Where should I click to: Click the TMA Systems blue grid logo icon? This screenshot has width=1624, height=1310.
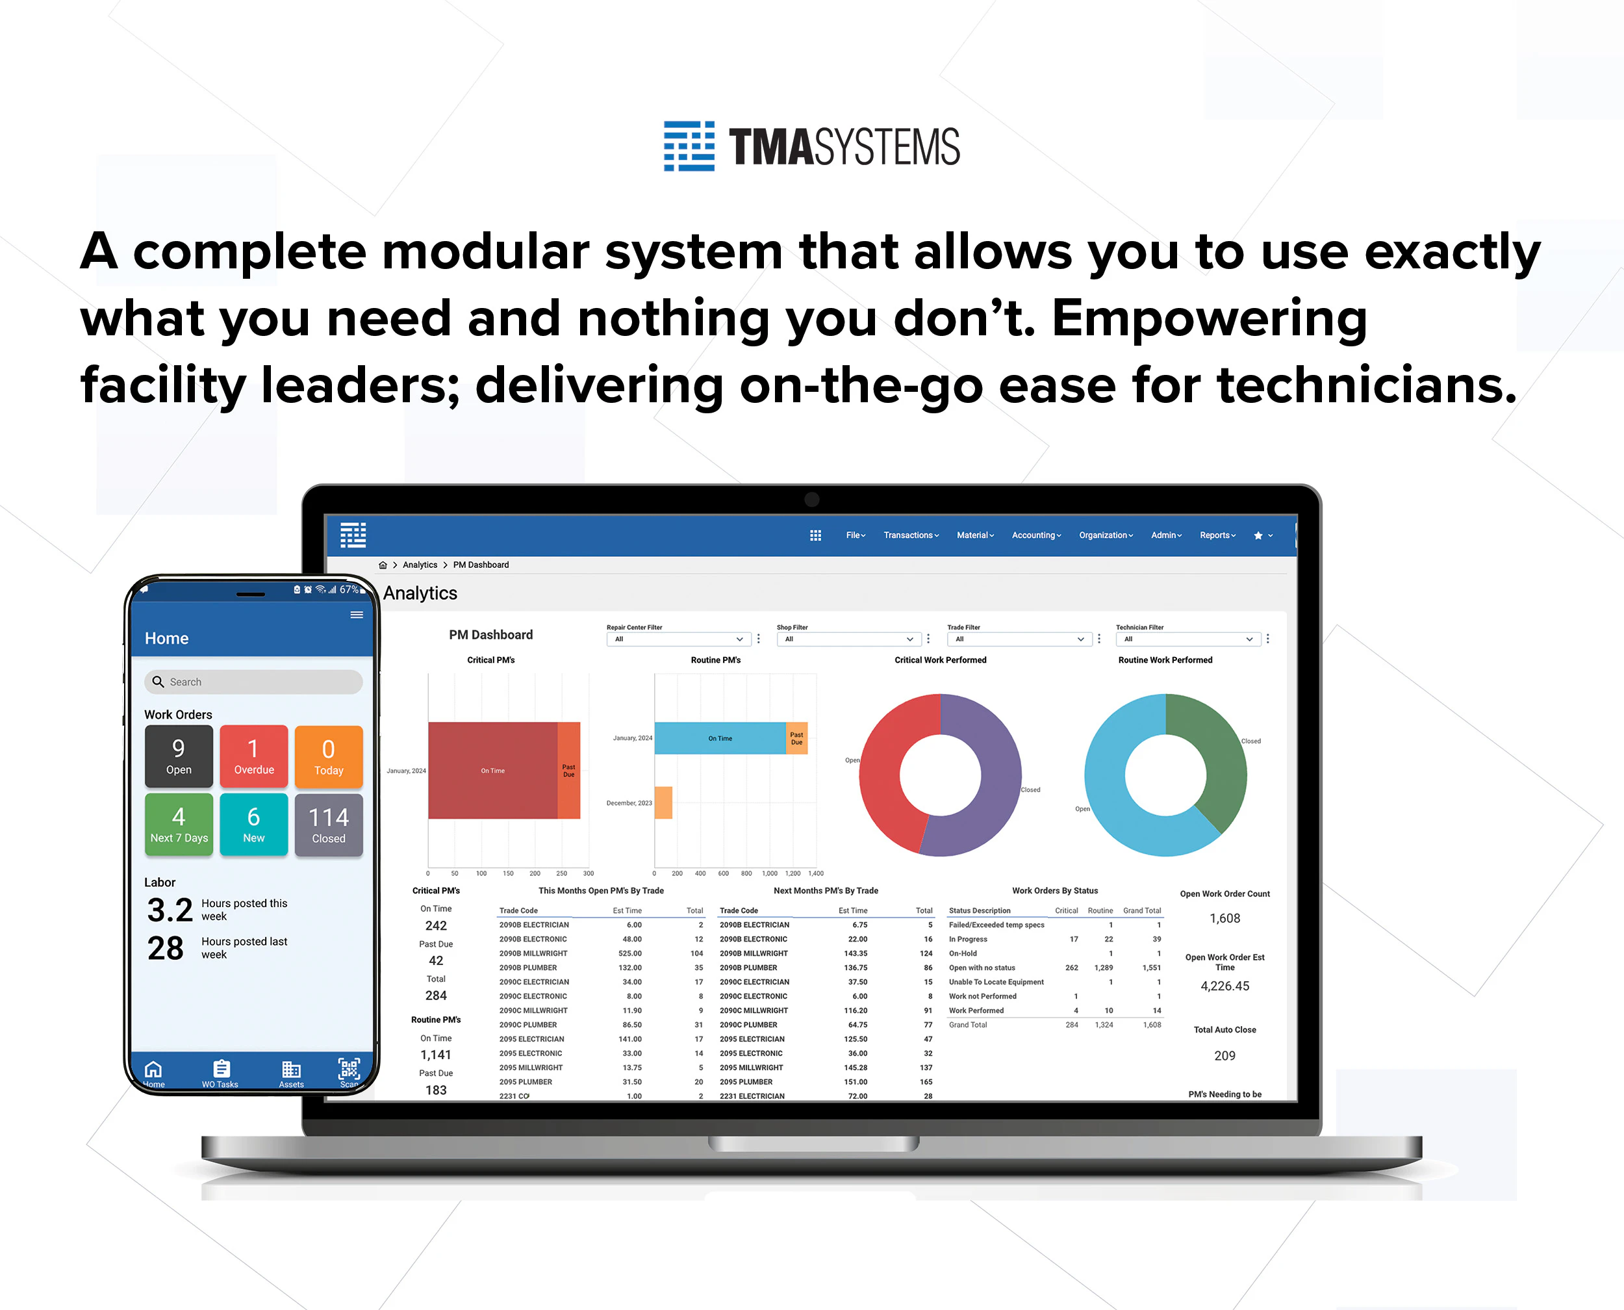689,146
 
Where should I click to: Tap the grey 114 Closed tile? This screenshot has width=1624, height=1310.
328,825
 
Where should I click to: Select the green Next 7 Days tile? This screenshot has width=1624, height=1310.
179,825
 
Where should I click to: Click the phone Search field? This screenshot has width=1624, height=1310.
253,682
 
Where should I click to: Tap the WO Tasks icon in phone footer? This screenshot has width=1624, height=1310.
220,1072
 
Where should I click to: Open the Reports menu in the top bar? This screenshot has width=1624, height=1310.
1217,535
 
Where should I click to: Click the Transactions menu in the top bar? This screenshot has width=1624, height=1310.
911,535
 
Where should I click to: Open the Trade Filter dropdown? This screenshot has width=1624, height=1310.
1019,639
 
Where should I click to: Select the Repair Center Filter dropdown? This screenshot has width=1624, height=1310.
678,639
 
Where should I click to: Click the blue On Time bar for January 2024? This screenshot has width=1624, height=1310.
720,738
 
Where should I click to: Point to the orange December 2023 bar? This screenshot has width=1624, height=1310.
663,802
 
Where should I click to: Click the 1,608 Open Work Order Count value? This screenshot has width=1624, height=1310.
1224,918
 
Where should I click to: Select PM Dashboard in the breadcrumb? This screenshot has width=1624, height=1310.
481,565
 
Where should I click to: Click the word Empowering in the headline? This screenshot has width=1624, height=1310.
1208,318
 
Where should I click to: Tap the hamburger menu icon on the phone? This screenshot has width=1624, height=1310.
357,615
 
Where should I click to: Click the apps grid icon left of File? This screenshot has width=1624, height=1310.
815,535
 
